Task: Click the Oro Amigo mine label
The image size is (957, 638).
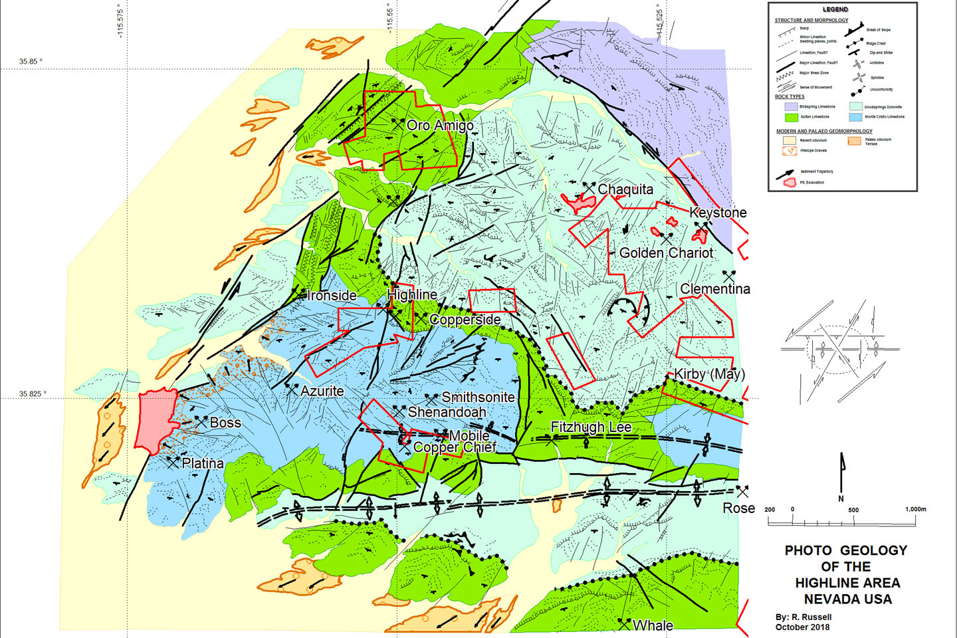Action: click(x=440, y=126)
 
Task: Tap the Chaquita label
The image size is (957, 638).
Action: click(x=625, y=189)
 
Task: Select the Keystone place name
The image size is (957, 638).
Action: click(x=718, y=213)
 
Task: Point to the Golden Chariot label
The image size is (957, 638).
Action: click(x=666, y=253)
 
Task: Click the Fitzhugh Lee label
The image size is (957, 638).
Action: click(x=591, y=427)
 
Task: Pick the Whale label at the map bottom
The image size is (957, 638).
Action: click(x=653, y=625)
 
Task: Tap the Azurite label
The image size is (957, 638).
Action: click(x=322, y=391)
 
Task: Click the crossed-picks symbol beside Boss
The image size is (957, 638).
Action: click(x=201, y=421)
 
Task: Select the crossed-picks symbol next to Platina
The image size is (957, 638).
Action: click(x=173, y=462)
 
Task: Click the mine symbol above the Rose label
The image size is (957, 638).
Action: click(x=742, y=492)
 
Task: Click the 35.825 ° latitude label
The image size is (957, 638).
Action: click(x=33, y=394)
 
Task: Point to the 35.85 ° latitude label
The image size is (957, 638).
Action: click(x=31, y=62)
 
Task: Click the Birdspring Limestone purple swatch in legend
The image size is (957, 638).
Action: click(x=791, y=106)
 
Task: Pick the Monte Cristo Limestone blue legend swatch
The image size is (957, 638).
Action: click(x=855, y=117)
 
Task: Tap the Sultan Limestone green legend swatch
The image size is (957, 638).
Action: click(x=791, y=117)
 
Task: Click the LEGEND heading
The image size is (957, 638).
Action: click(x=835, y=9)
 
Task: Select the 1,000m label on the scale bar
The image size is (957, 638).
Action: click(x=915, y=510)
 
